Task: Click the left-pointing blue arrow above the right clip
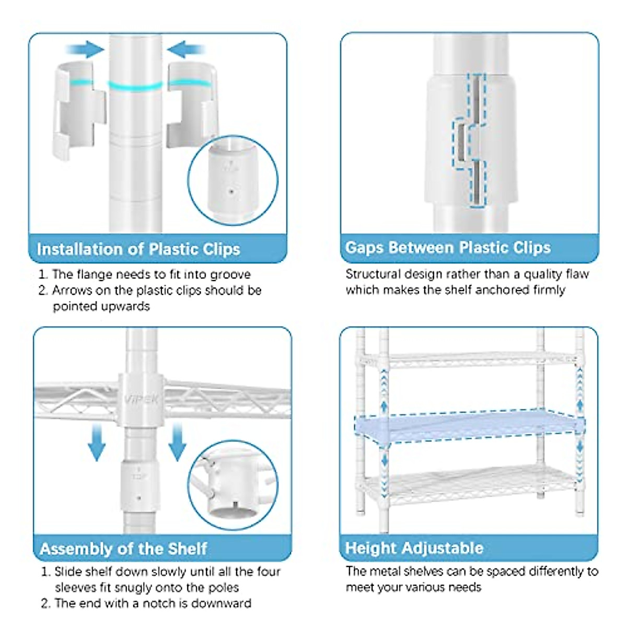[x=186, y=50]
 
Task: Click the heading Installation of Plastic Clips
[x=138, y=249]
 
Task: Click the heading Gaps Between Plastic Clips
[x=448, y=247]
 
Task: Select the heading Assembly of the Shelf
[x=123, y=549]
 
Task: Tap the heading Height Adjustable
[x=414, y=548]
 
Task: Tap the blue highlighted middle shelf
[x=468, y=425]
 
